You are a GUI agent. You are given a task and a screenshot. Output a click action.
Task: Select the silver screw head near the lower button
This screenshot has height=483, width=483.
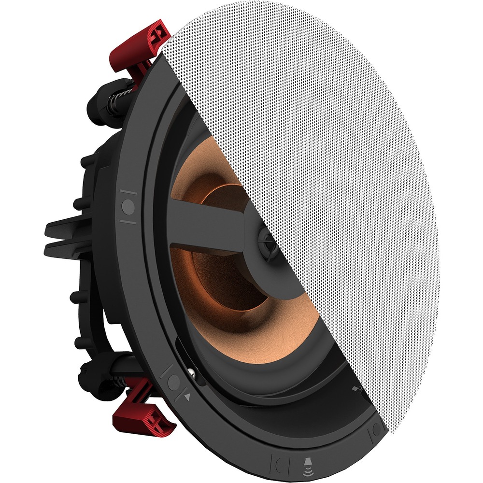pyautogui.click(x=192, y=371)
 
